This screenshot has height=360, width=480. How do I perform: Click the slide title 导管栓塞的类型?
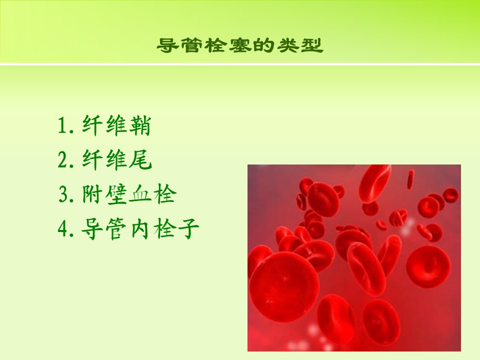[x=240, y=45]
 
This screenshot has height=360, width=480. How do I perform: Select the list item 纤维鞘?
[x=116, y=125]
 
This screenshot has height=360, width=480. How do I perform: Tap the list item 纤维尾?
[x=117, y=160]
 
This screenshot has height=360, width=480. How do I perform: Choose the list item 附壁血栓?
[x=129, y=194]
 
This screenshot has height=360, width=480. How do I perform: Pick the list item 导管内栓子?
[x=140, y=228]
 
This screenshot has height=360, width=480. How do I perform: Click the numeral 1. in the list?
[x=66, y=126]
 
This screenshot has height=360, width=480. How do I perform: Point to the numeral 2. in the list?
[x=66, y=160]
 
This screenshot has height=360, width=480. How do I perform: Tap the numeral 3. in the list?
[x=66, y=194]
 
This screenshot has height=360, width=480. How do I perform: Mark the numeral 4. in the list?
[x=66, y=229]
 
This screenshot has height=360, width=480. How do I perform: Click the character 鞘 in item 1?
[x=140, y=125]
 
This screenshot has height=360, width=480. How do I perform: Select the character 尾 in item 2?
[x=140, y=160]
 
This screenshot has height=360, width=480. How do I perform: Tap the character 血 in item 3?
[x=140, y=194]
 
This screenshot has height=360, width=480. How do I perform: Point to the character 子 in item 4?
[x=188, y=228]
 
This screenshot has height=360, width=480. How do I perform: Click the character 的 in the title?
[x=264, y=45]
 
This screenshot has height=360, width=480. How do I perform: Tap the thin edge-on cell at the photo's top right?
[x=410, y=179]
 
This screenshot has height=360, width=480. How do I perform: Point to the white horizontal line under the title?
[x=240, y=64]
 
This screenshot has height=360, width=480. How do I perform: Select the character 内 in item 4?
[x=140, y=228]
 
